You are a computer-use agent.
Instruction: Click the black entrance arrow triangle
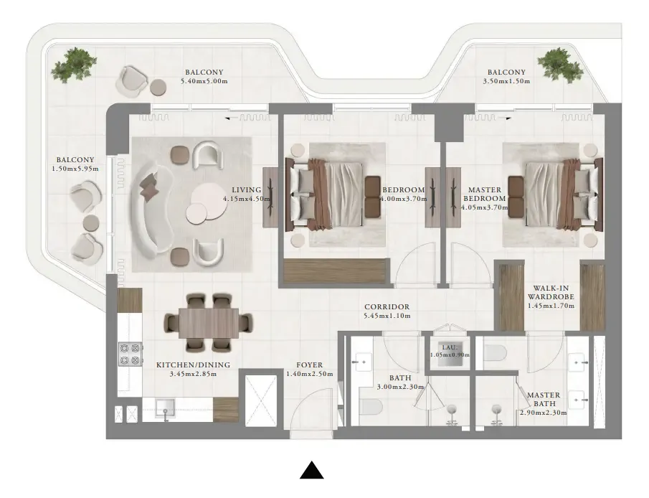pyautogui.click(x=311, y=470)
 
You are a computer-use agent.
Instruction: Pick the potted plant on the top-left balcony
pyautogui.click(x=70, y=65)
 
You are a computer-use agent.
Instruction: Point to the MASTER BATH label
pyautogui.click(x=544, y=400)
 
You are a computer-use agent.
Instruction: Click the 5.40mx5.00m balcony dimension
pyautogui.click(x=204, y=81)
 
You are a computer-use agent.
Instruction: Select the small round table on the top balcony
pyautogui.click(x=158, y=87)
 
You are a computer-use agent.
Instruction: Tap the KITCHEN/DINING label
pyautogui.click(x=193, y=365)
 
